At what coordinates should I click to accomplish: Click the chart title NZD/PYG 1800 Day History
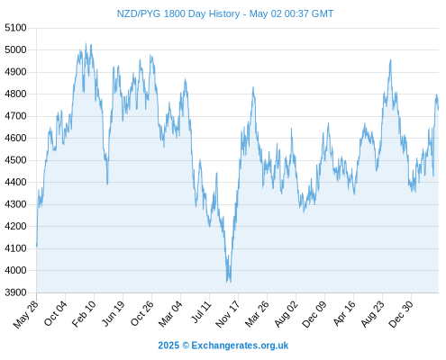[x=178, y=13]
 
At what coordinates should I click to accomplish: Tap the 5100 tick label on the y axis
[x=15, y=28]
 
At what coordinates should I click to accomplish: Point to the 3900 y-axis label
[x=15, y=292]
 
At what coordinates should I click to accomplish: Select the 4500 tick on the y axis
[x=15, y=160]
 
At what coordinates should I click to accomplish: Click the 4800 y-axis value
[x=15, y=94]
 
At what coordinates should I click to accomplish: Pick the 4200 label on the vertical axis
[x=15, y=226]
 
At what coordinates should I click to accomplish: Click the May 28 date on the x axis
[x=26, y=314]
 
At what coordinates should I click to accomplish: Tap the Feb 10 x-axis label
[x=84, y=313]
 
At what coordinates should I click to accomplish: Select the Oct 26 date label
[x=141, y=313]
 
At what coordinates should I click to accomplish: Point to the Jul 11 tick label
[x=201, y=312]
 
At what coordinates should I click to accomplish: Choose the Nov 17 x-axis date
[x=228, y=314]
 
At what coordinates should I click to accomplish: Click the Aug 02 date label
[x=286, y=314]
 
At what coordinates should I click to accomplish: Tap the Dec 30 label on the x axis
[x=401, y=314]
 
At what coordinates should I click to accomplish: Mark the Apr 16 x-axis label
[x=344, y=313]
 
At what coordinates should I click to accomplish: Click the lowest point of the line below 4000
[x=227, y=282]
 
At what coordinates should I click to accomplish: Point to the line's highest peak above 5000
[x=86, y=43]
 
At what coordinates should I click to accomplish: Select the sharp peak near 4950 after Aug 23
[x=390, y=59]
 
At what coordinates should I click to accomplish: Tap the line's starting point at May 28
[x=37, y=246]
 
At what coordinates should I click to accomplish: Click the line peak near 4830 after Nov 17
[x=253, y=87]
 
